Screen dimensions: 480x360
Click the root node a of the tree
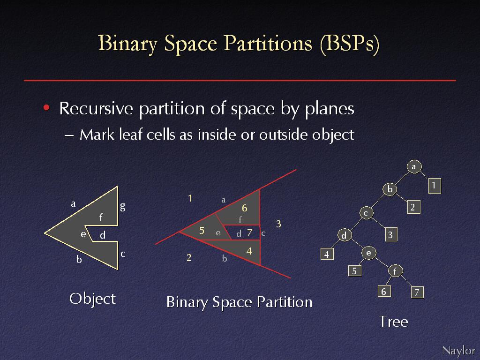[414, 167]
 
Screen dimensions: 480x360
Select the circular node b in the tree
[390, 189]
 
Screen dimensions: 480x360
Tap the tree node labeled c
[366, 213]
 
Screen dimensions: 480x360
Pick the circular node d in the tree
[345, 235]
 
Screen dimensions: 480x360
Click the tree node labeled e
[369, 253]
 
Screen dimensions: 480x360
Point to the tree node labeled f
[396, 271]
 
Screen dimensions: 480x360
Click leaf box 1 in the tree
[435, 186]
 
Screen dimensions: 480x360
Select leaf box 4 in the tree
[327, 254]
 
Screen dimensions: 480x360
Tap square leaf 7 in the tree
[417, 292]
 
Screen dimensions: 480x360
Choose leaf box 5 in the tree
[355, 270]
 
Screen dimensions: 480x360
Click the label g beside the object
[123, 207]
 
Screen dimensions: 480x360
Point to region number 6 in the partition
[244, 208]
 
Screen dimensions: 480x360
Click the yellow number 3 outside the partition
[278, 224]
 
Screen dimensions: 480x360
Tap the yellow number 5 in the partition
[202, 231]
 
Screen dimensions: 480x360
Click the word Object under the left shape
[92, 299]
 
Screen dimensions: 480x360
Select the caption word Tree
[393, 322]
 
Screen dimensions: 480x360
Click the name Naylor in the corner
[458, 351]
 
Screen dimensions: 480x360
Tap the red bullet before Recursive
[46, 107]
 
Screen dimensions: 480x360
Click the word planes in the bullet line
[330, 109]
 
